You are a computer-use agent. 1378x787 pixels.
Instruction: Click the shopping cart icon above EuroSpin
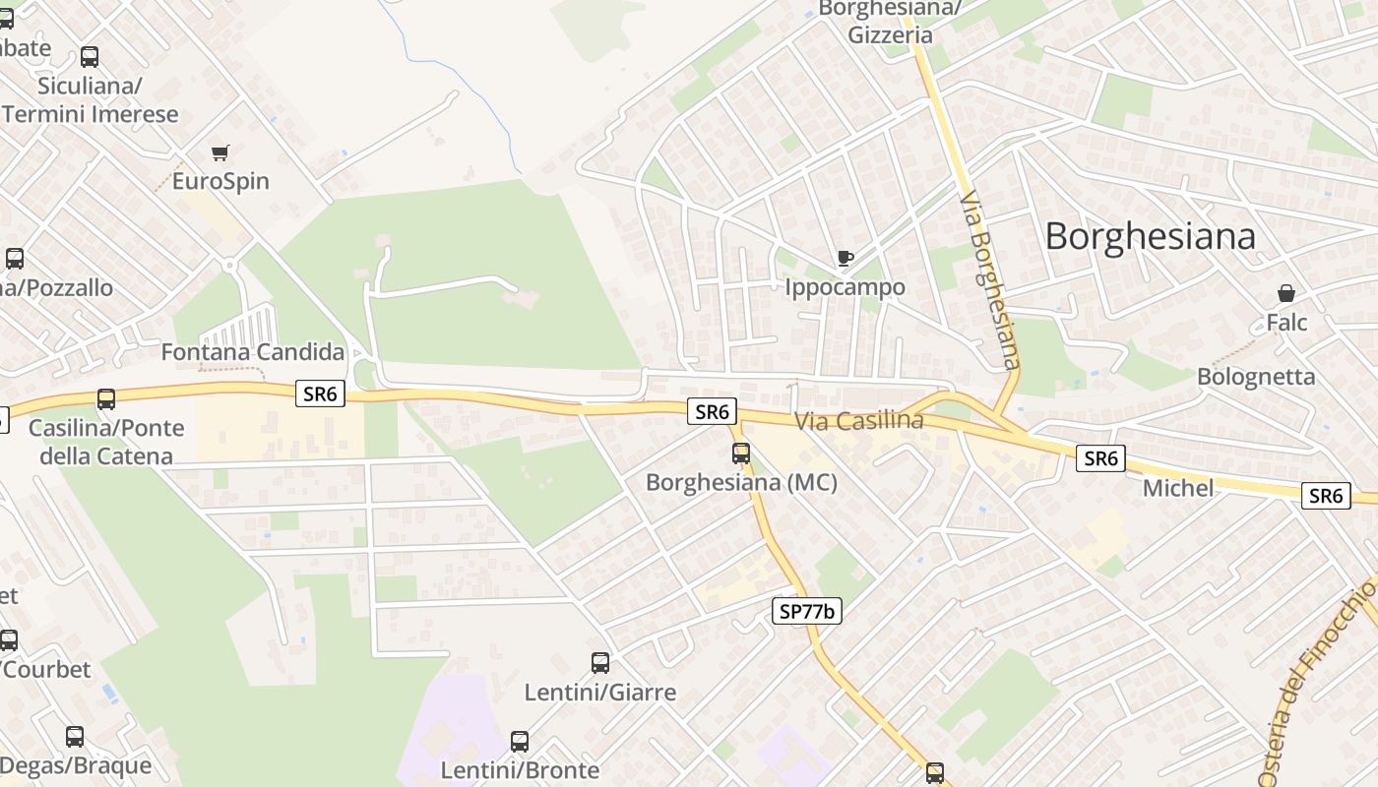click(219, 152)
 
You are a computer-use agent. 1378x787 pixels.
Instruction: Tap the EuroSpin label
click(220, 182)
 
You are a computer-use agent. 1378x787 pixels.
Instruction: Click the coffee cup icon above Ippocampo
click(845, 259)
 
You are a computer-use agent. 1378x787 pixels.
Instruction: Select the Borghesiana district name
click(1150, 236)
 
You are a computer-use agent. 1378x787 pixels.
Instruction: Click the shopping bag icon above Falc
click(1285, 293)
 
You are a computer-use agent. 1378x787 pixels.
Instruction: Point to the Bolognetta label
click(1256, 377)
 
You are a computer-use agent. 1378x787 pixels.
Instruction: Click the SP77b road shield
click(806, 611)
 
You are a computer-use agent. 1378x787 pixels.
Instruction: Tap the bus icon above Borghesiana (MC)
click(741, 454)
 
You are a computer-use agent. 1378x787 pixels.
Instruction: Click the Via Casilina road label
click(859, 421)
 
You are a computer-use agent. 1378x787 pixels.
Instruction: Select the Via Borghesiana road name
click(987, 280)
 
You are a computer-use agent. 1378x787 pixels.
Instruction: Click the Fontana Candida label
click(253, 352)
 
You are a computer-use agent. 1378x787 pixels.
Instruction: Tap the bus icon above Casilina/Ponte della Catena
click(106, 399)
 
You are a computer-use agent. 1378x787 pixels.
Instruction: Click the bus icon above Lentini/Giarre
click(600, 663)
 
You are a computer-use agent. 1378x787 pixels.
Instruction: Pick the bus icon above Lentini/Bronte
click(520, 742)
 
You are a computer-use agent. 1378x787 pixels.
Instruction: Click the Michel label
click(1177, 488)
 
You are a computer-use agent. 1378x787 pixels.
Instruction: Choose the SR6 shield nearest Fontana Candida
click(321, 394)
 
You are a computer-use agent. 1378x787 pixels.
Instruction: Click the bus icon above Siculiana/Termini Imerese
click(90, 57)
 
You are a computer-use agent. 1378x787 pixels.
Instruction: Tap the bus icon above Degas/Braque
click(75, 737)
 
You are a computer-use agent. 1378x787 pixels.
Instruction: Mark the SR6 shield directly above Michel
click(1100, 457)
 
